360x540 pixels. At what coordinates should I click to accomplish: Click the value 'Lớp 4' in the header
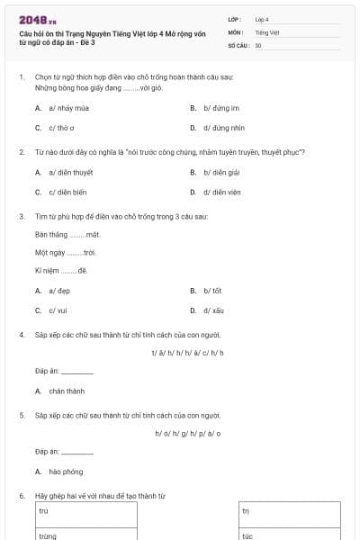(x=262, y=18)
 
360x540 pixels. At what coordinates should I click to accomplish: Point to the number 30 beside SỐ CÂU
(x=258, y=45)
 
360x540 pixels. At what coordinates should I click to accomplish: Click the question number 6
(x=21, y=496)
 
